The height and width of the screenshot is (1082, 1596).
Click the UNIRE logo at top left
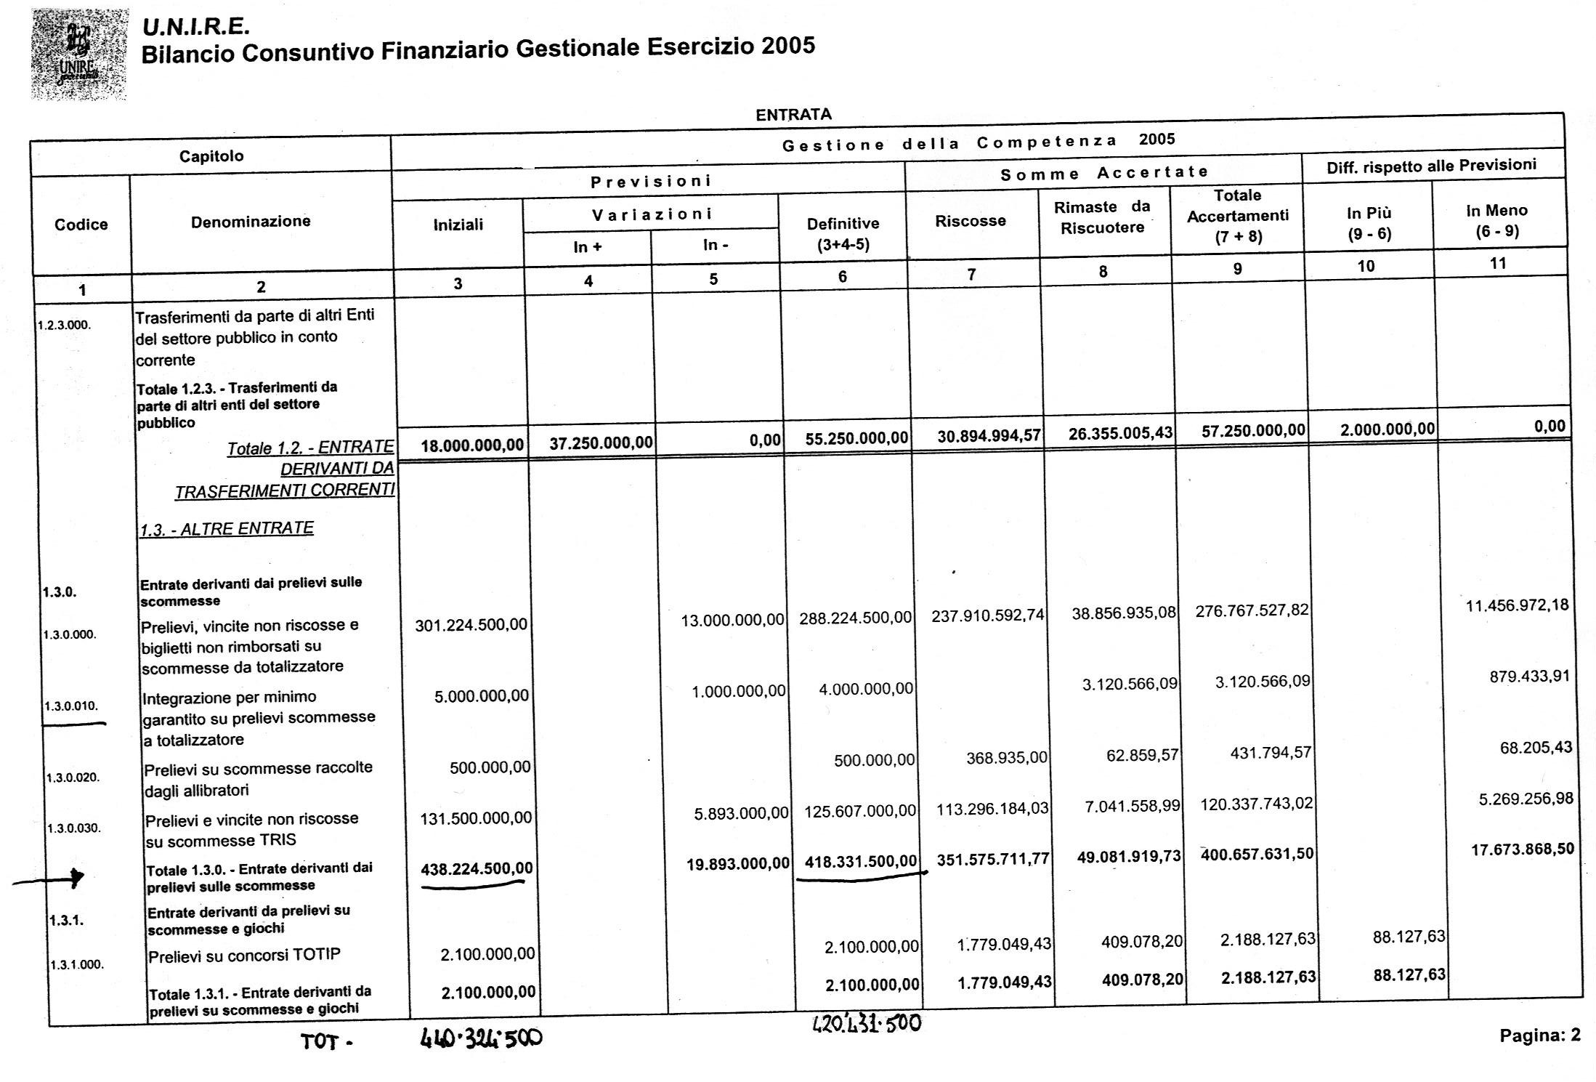click(x=79, y=54)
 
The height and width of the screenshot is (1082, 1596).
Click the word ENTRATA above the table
click(x=793, y=115)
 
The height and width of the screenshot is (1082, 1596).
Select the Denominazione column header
click(x=251, y=222)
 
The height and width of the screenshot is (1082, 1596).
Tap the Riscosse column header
click(x=970, y=221)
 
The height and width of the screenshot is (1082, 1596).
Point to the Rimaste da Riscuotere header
click(x=1102, y=217)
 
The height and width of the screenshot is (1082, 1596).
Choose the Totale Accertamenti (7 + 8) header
click(x=1237, y=216)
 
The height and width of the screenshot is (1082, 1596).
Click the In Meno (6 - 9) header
click(x=1496, y=220)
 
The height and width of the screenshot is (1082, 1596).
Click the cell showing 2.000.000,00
click(x=1388, y=429)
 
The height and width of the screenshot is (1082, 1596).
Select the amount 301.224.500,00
click(x=471, y=624)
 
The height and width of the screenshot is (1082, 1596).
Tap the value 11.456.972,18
click(x=1517, y=605)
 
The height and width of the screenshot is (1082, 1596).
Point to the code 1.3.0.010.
click(x=71, y=706)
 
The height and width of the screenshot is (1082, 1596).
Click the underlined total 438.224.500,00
click(x=476, y=868)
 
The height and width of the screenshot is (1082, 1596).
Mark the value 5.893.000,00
click(x=740, y=813)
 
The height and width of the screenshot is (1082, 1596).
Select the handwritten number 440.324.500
click(x=481, y=1039)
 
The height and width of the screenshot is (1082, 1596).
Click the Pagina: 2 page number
click(x=1539, y=1035)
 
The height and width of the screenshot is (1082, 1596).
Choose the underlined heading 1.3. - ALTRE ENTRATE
click(x=227, y=529)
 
